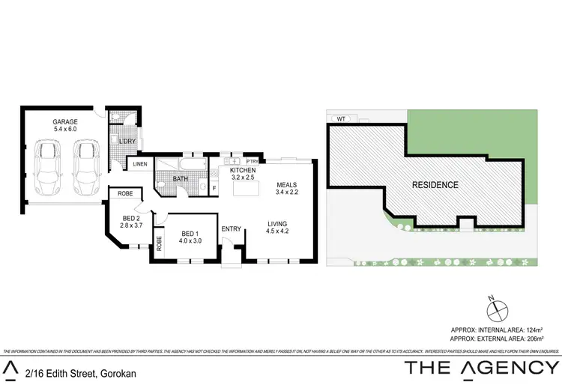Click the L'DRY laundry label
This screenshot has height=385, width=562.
pos(127,140)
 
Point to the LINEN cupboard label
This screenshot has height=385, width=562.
pos(140,164)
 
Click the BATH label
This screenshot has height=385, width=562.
pos(181,179)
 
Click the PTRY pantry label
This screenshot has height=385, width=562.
pos(252,160)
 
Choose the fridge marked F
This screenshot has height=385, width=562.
pos(214,187)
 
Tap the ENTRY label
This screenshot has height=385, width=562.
pos(231,228)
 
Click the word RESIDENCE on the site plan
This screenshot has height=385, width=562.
pos(435,184)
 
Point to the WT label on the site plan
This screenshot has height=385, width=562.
pos(341,118)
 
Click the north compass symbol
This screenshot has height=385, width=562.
pos(495,308)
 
